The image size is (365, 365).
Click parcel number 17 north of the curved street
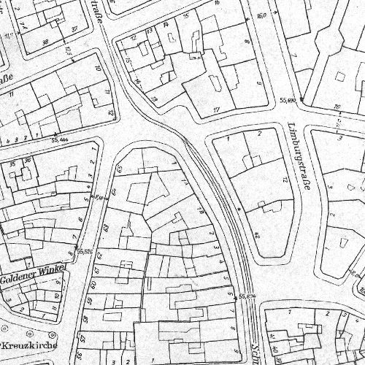pyautogui.click(x=216, y=110)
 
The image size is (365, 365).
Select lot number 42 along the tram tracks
pyautogui.click(x=256, y=236)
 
